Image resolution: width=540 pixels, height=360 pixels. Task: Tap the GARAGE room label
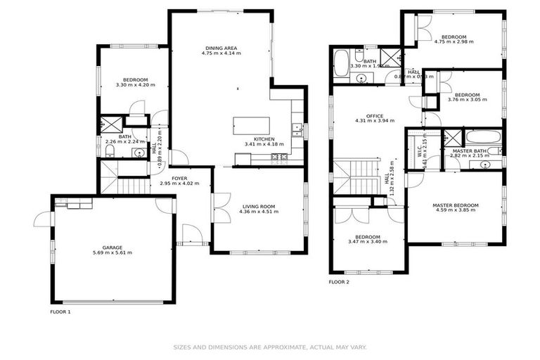click(112, 247)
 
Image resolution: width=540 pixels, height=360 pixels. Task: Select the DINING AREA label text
click(221, 47)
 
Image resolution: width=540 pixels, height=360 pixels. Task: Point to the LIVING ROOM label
click(259, 206)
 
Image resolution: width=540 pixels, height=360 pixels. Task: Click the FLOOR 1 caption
click(60, 311)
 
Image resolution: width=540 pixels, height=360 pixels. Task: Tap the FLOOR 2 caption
click(339, 282)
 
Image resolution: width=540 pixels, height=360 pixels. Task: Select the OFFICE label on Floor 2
click(374, 116)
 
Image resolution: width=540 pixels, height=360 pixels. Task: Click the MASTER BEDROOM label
click(456, 205)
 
